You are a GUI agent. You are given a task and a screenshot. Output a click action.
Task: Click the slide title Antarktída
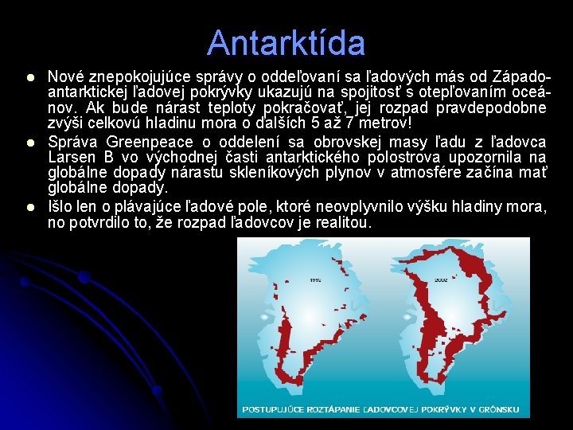(x=286, y=43)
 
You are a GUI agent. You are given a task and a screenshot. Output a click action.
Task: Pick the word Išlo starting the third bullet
(x=60, y=207)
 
